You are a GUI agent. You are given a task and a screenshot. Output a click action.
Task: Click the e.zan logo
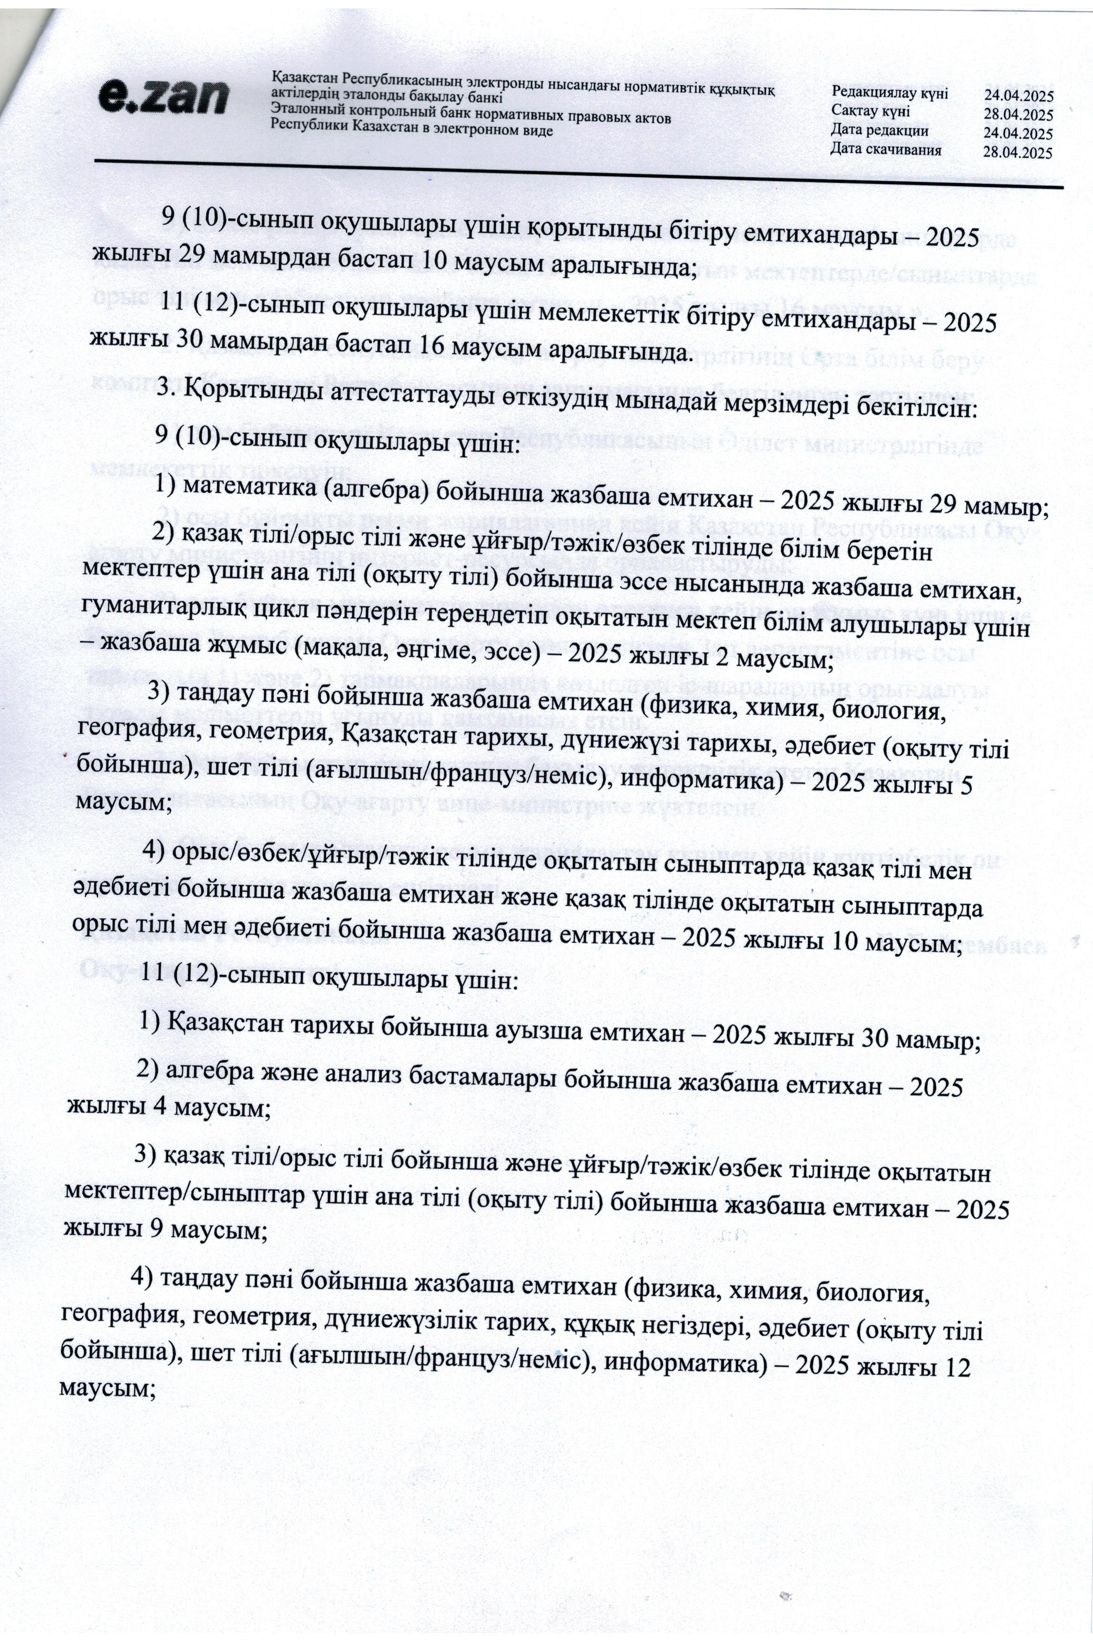click(162, 97)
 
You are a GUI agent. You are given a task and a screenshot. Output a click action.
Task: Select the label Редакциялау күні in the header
click(889, 94)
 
